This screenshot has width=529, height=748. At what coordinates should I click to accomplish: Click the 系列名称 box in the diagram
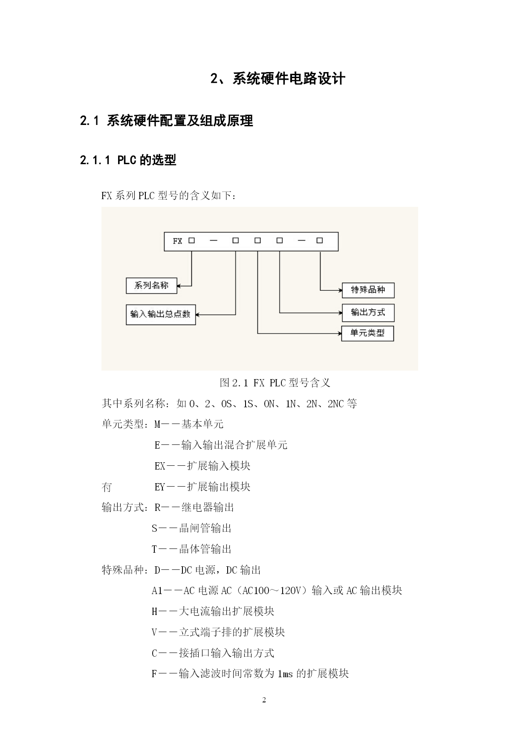pyautogui.click(x=151, y=286)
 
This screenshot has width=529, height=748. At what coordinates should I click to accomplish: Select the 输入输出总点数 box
pyautogui.click(x=161, y=315)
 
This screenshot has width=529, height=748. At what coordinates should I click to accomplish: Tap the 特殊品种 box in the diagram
pyautogui.click(x=368, y=290)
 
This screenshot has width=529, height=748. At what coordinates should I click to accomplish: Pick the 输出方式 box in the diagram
pyautogui.click(x=368, y=313)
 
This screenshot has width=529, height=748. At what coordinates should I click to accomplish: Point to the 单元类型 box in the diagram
pyautogui.click(x=367, y=333)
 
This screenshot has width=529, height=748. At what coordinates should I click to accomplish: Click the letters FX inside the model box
pyautogui.click(x=177, y=241)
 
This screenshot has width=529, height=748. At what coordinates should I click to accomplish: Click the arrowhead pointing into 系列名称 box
pyautogui.click(x=179, y=286)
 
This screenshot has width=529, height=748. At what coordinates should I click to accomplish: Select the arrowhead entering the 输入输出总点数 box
pyautogui.click(x=198, y=315)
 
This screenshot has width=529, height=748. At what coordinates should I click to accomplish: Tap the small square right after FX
pyautogui.click(x=192, y=241)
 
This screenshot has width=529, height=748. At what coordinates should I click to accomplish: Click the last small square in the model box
pyautogui.click(x=320, y=241)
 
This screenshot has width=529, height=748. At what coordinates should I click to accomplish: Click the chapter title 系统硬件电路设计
pyautogui.click(x=289, y=78)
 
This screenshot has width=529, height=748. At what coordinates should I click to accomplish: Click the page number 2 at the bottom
pyautogui.click(x=264, y=700)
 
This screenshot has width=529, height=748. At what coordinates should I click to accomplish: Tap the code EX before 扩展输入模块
pyautogui.click(x=159, y=466)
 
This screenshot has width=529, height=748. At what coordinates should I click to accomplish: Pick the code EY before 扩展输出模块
pyautogui.click(x=159, y=487)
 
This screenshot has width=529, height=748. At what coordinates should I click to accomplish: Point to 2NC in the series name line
pyautogui.click(x=335, y=404)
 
